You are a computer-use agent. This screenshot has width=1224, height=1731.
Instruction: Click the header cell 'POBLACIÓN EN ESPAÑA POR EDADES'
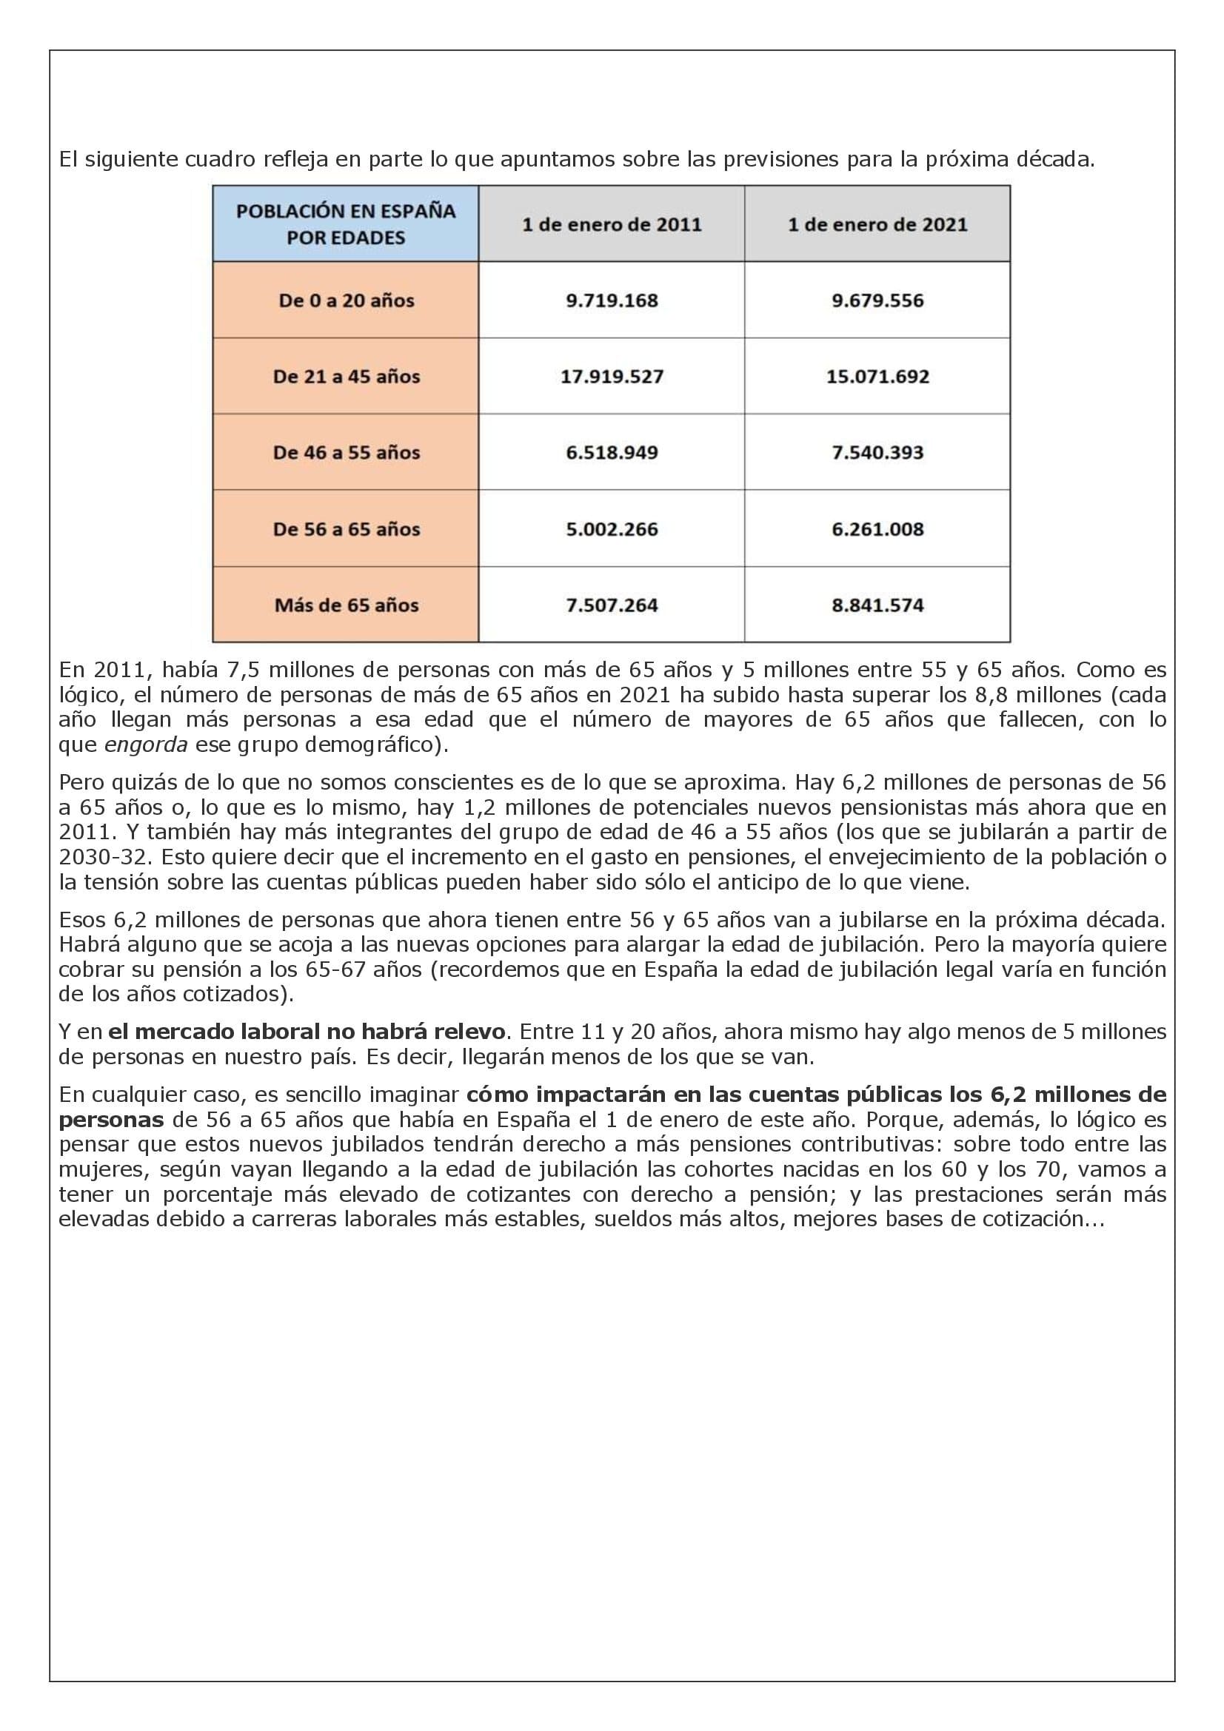tap(345, 224)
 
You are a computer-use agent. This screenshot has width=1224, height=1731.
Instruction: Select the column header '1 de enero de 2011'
tap(612, 225)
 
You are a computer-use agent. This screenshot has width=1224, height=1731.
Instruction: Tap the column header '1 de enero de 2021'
tap(877, 225)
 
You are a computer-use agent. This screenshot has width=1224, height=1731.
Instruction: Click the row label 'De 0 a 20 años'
tap(346, 300)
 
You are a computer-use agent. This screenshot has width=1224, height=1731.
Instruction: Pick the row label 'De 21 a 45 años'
tap(346, 377)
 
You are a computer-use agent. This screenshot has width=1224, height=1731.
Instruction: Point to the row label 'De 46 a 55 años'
tap(346, 453)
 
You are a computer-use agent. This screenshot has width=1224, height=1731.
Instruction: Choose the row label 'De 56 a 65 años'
tap(346, 529)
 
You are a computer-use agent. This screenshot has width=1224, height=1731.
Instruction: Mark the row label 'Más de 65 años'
tap(346, 605)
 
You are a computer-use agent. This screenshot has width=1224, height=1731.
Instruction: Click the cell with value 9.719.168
tap(612, 300)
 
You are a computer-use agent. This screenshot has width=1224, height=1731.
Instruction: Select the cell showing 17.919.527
tap(612, 377)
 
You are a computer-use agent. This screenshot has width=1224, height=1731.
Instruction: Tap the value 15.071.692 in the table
tap(877, 377)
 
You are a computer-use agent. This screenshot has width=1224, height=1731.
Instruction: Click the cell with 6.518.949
tap(612, 453)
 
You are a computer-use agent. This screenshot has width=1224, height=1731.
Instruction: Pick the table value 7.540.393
tap(877, 453)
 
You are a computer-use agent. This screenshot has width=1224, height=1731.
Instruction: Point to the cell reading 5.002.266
tap(612, 529)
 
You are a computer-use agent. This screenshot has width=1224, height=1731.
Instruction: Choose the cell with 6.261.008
tap(877, 529)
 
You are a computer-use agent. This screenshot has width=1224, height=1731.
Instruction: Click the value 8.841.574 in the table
tap(877, 605)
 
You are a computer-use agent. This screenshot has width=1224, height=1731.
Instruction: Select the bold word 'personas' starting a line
tap(111, 1120)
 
